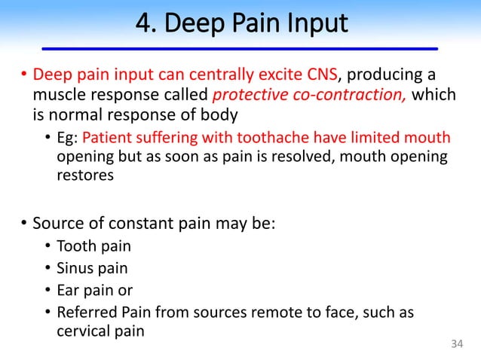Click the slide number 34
pos(455,345)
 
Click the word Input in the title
pos(317,23)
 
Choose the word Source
pos(57,224)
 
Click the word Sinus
pos(75,268)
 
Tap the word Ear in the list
pos(69,290)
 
